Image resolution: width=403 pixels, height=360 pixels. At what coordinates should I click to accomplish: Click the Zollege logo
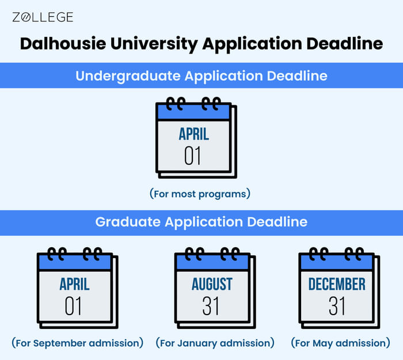coord(43,17)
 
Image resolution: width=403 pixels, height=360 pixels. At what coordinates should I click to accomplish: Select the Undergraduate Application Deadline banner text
coord(201,75)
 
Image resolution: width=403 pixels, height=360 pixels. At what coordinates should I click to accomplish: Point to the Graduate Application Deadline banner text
coord(201,222)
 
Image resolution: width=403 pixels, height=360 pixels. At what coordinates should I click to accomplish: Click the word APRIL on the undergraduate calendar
coord(193,135)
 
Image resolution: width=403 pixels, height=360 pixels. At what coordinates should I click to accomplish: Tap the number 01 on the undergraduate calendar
coord(193,156)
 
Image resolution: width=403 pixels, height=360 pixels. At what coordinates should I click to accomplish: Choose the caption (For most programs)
coord(200,194)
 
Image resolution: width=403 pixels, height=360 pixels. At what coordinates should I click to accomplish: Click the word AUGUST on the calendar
coord(212,284)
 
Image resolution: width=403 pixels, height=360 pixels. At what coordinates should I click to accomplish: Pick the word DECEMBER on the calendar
coord(337,284)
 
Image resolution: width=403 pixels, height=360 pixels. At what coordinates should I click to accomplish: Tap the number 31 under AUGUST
coord(211,306)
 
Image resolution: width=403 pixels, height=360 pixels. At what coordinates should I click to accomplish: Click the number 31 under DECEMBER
coord(337,306)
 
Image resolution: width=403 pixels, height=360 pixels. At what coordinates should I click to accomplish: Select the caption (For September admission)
coord(77,343)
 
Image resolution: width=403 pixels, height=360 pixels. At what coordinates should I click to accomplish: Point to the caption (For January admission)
coord(215,343)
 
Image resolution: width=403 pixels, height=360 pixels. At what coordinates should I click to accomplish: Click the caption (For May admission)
coord(341,343)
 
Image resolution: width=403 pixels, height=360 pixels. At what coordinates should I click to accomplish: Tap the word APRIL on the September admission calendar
coord(74,284)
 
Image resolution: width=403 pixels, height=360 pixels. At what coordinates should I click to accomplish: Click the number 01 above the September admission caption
coord(74,306)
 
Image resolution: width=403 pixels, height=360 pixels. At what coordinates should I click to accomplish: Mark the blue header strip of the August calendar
coord(212,263)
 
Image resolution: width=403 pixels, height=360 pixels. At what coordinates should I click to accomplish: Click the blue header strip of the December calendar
coord(336,263)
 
